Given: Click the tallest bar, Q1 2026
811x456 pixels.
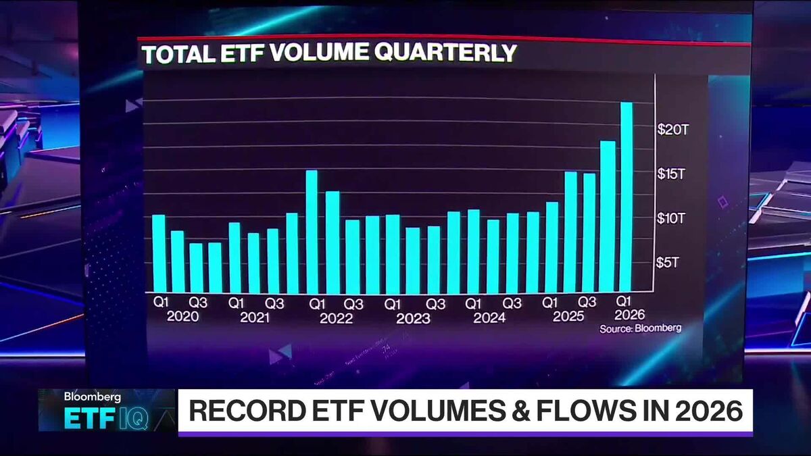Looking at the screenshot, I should (626, 196).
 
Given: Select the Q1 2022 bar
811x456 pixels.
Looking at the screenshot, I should (312, 231).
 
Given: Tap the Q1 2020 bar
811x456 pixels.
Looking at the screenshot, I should (158, 253).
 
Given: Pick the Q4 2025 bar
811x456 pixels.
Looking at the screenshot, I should (608, 216).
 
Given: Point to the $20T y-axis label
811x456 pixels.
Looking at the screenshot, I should (672, 130).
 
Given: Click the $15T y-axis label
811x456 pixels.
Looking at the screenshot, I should (672, 174).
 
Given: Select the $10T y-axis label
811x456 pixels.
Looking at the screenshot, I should (672, 218).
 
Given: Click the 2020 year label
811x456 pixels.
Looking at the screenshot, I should (182, 316).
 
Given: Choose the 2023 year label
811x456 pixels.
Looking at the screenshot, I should (413, 318).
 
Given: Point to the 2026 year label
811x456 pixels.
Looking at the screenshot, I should (629, 315).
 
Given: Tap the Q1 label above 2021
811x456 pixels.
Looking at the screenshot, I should (237, 303).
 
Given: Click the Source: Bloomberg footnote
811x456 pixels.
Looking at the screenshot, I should (640, 328).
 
